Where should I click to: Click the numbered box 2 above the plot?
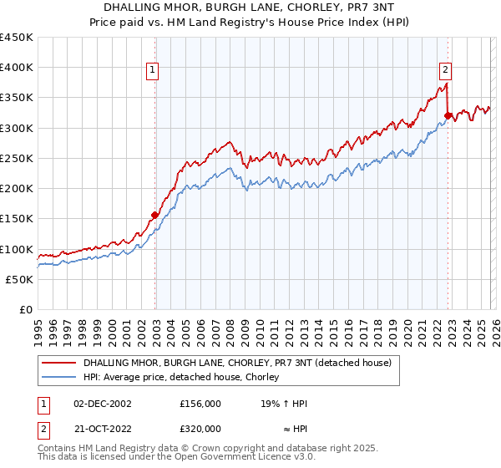[x=446, y=71]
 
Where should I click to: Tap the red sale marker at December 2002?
[x=155, y=215]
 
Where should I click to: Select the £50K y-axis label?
[x=20, y=279]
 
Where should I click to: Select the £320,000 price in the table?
[x=200, y=427]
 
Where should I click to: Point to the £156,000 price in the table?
[x=200, y=404]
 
